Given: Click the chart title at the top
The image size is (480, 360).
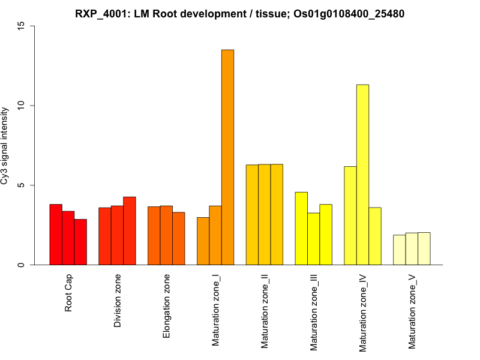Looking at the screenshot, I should click(240, 13).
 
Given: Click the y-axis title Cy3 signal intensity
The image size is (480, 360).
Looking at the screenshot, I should click(5, 146).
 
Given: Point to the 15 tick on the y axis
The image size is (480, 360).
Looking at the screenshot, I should click(22, 26).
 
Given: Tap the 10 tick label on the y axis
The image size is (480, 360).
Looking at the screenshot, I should click(22, 106).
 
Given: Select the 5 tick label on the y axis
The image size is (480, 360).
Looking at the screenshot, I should click(22, 185).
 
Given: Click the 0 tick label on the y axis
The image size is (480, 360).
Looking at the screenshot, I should click(22, 265).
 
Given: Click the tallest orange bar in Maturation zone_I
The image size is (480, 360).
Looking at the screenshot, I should click(227, 157).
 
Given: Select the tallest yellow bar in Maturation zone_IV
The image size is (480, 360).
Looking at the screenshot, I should click(362, 175).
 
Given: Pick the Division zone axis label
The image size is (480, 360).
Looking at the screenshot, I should click(118, 301).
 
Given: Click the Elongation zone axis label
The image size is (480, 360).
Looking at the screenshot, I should click(167, 305).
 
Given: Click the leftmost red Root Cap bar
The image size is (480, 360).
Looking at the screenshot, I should click(56, 235).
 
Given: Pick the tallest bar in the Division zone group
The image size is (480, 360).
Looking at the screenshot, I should click(130, 231).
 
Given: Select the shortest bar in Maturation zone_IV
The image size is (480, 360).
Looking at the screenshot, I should click(375, 236).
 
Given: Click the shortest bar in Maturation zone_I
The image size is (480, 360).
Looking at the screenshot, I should click(203, 241).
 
